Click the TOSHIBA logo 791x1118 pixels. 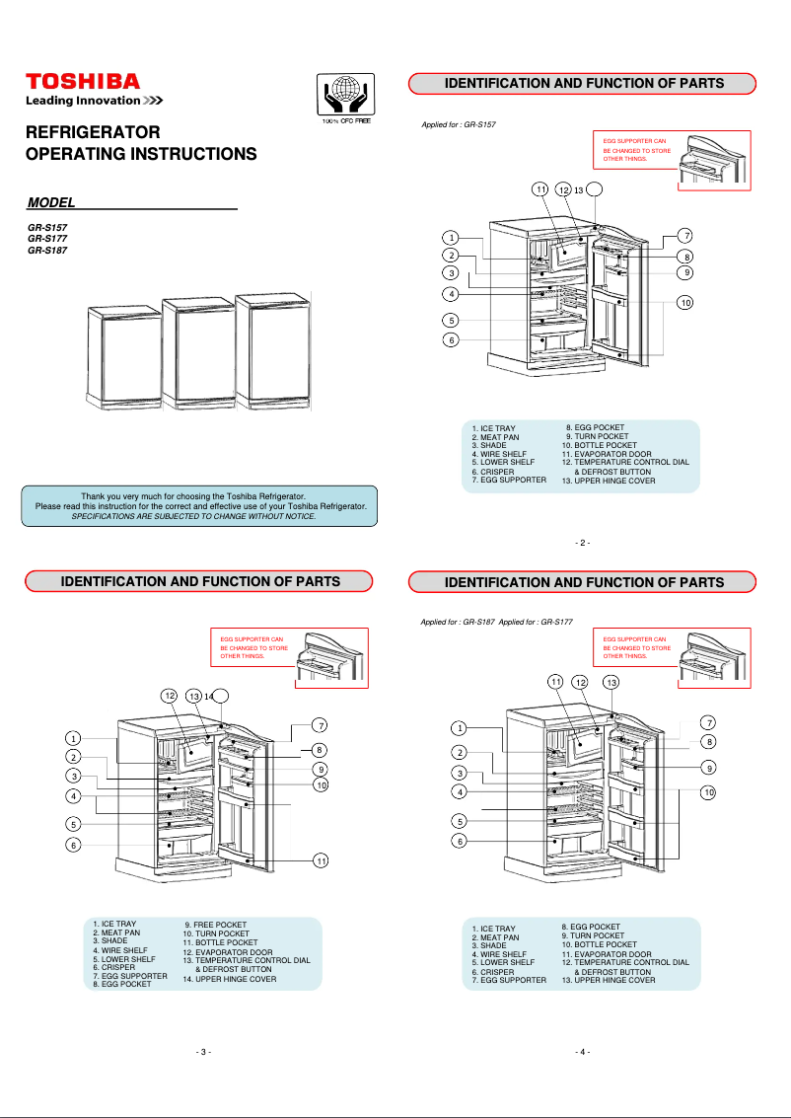pyautogui.click(x=83, y=81)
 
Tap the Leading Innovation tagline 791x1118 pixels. pyautogui.click(x=94, y=101)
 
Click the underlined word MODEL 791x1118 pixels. pyautogui.click(x=51, y=202)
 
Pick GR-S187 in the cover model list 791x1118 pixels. pyautogui.click(x=47, y=251)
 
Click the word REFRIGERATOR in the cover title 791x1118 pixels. pyautogui.click(x=93, y=132)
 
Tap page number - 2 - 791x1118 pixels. pyautogui.click(x=582, y=543)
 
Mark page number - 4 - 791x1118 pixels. pyautogui.click(x=582, y=1052)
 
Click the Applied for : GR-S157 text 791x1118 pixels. pyautogui.click(x=459, y=126)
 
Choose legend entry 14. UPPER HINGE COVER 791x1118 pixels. pyautogui.click(x=230, y=979)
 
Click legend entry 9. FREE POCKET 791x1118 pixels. pyautogui.click(x=216, y=925)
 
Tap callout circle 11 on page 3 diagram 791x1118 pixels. pyautogui.click(x=321, y=861)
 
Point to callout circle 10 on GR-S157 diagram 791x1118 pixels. pyautogui.click(x=684, y=302)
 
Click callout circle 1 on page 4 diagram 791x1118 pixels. pyautogui.click(x=459, y=728)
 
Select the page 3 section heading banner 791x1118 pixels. pyautogui.click(x=200, y=581)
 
